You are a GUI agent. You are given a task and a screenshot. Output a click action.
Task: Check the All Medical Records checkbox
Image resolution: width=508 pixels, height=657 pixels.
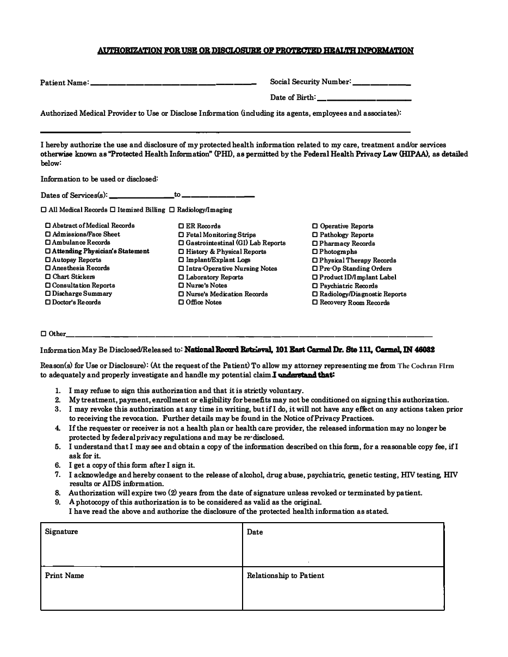tap(44, 210)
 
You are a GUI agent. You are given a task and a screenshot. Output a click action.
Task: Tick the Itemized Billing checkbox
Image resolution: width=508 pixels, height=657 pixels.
tap(113, 210)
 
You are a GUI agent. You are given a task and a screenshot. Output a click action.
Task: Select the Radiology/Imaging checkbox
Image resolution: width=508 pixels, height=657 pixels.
tap(172, 210)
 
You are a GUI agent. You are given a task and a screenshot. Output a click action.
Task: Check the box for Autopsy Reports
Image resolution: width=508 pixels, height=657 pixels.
tap(48, 260)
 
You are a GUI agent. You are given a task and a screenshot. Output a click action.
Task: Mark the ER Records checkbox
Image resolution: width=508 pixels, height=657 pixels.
tap(181, 226)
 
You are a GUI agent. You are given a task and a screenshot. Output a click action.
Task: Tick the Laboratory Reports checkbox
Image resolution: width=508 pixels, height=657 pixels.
tap(181, 277)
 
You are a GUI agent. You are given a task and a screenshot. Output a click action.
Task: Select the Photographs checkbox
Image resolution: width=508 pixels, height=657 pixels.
tap(315, 252)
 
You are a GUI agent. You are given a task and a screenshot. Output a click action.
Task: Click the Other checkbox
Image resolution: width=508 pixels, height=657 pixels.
tap(44, 334)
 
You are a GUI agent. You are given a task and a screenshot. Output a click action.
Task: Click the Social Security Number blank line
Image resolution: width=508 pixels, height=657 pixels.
tap(381, 83)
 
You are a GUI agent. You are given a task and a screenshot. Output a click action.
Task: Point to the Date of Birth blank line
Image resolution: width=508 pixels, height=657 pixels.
tap(363, 99)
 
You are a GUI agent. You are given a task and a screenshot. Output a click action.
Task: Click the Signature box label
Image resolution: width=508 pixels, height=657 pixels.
tap(61, 532)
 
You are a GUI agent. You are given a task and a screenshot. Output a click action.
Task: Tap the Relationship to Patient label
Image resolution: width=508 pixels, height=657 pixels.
tap(286, 575)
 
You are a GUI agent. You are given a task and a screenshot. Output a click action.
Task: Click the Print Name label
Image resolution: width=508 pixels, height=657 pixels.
tap(65, 575)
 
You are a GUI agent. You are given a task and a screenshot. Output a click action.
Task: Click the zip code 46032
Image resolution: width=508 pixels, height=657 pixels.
tap(424, 350)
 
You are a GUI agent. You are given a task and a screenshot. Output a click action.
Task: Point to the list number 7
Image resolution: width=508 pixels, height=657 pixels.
tap(58, 475)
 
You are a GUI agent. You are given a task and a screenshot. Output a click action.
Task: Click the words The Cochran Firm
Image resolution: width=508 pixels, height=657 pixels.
tap(425, 366)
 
